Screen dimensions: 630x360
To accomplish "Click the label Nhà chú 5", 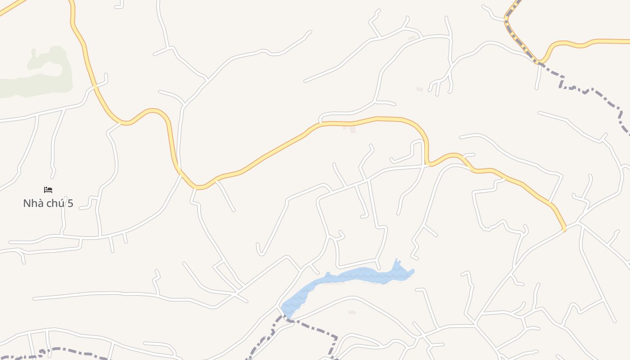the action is coord(48,203).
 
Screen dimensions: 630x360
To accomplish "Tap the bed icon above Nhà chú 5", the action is coord(48,190).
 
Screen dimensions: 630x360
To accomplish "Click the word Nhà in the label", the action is coord(32,203).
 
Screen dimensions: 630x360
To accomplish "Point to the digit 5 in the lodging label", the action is coord(70,203).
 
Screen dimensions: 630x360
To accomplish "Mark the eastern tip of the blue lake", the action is coord(412,271).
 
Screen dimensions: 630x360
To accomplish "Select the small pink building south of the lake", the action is coord(352,312).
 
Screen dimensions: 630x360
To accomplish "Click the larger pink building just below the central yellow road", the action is coord(353,130).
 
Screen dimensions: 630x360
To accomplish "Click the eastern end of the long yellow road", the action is coord(564,229).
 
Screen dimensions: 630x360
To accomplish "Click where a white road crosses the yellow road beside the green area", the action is coord(95,85).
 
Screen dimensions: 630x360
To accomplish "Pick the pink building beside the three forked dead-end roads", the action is coord(419,90).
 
